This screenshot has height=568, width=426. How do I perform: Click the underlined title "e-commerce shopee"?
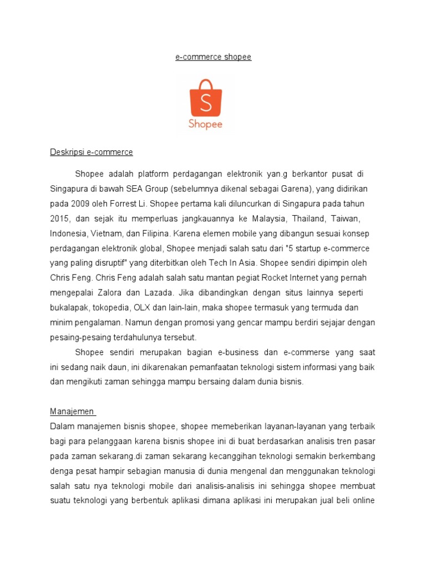click(213, 57)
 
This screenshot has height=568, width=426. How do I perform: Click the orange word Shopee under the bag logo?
click(205, 124)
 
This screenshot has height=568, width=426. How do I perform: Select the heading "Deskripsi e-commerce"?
click(92, 152)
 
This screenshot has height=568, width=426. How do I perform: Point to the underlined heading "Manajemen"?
click(73, 412)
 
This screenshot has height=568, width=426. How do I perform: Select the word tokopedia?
click(110, 307)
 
